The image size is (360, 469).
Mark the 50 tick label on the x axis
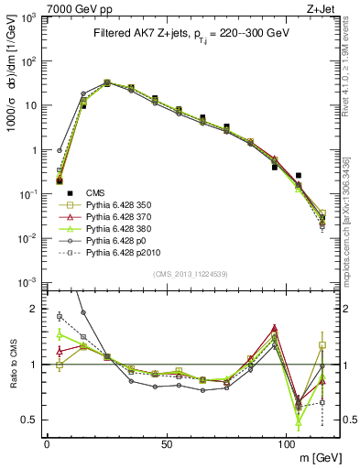pos(167,442)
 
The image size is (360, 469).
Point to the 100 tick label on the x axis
pos(286,442)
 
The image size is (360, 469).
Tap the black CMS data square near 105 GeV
pos(299,175)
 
